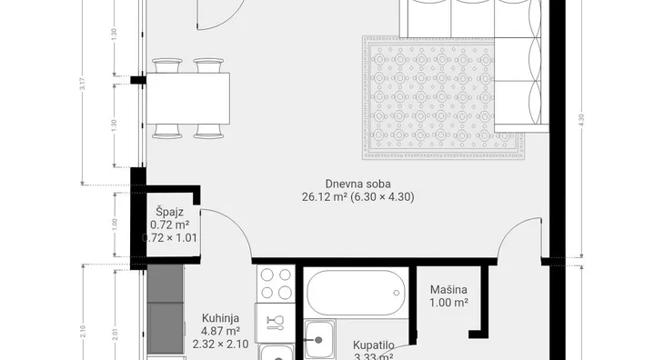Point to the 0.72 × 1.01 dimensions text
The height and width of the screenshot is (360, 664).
pyautogui.click(x=170, y=238)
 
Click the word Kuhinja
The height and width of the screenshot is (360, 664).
pyautogui.click(x=220, y=318)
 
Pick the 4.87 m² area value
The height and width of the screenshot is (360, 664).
pyautogui.click(x=220, y=332)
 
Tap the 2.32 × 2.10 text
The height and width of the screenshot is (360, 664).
pyautogui.click(x=220, y=345)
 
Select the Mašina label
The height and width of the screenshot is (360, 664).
pyautogui.click(x=449, y=290)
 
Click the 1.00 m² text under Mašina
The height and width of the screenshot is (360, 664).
pyautogui.click(x=449, y=304)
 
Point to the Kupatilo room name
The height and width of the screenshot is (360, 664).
pyautogui.click(x=373, y=345)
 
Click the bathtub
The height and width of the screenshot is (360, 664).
pyautogui.click(x=355, y=293)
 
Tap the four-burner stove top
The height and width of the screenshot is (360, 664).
pyautogui.click(x=276, y=284)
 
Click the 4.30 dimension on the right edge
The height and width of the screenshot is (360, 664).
pyautogui.click(x=579, y=118)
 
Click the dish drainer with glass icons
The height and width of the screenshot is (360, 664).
pyautogui.click(x=276, y=321)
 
